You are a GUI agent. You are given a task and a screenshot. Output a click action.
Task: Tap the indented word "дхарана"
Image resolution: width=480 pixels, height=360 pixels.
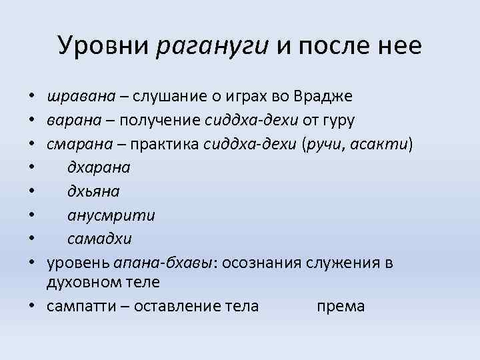99,168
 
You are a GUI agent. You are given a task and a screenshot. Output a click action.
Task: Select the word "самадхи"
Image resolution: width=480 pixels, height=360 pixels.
99,239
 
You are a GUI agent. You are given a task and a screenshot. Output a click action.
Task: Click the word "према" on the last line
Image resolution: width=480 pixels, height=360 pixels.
340,306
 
